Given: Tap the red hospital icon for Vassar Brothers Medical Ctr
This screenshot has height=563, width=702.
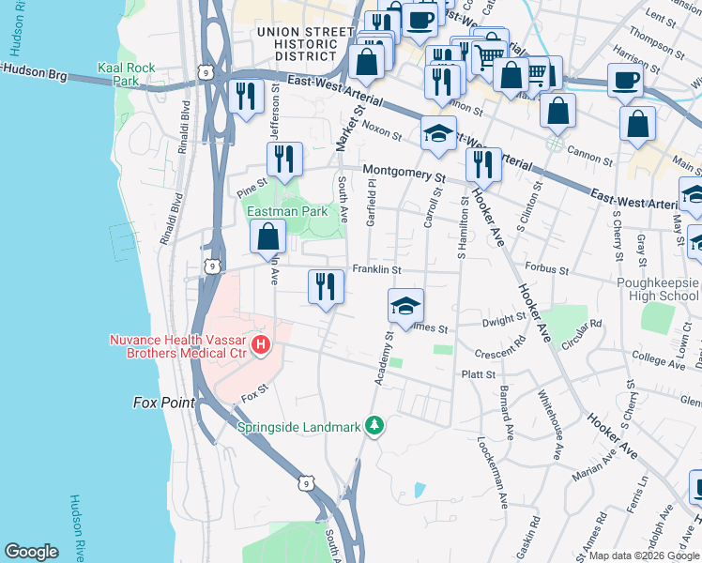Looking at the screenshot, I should tap(261, 346).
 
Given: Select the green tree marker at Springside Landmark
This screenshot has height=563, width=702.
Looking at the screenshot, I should tap(375, 427).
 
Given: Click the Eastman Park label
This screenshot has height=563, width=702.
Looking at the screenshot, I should tap(287, 211).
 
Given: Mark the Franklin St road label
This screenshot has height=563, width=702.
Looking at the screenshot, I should tap(376, 270).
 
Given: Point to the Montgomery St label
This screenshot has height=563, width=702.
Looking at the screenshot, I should tap(404, 173).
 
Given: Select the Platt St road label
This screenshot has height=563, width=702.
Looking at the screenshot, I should tap(477, 374).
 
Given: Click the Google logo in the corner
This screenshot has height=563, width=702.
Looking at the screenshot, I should tap(31, 552).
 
